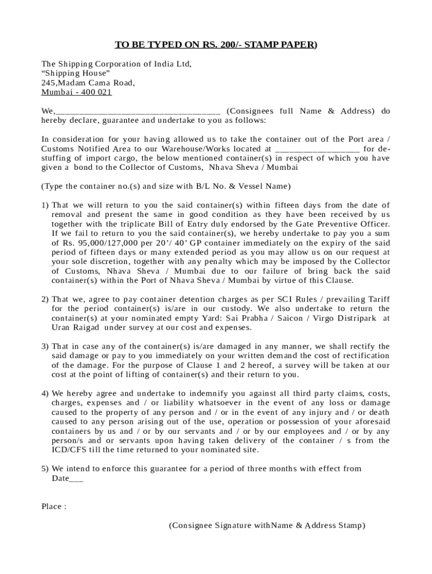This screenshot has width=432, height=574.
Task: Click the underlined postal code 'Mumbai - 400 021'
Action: (x=77, y=92)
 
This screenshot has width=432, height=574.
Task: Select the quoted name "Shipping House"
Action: (x=76, y=73)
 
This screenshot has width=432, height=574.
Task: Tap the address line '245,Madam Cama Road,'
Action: (x=88, y=83)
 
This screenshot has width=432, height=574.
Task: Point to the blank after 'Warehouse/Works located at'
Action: (x=317, y=149)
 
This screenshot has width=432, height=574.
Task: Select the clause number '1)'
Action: (x=45, y=205)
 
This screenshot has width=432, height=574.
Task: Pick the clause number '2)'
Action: (x=45, y=299)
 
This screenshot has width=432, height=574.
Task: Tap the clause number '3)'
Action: (x=45, y=346)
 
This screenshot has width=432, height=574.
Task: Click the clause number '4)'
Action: (x=45, y=394)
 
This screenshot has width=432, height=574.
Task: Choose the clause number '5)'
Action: (x=45, y=469)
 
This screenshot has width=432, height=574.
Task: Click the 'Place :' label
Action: (x=54, y=507)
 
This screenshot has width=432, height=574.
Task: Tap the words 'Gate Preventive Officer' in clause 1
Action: (x=342, y=224)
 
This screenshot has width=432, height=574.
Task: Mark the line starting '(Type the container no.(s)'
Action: (x=166, y=186)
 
